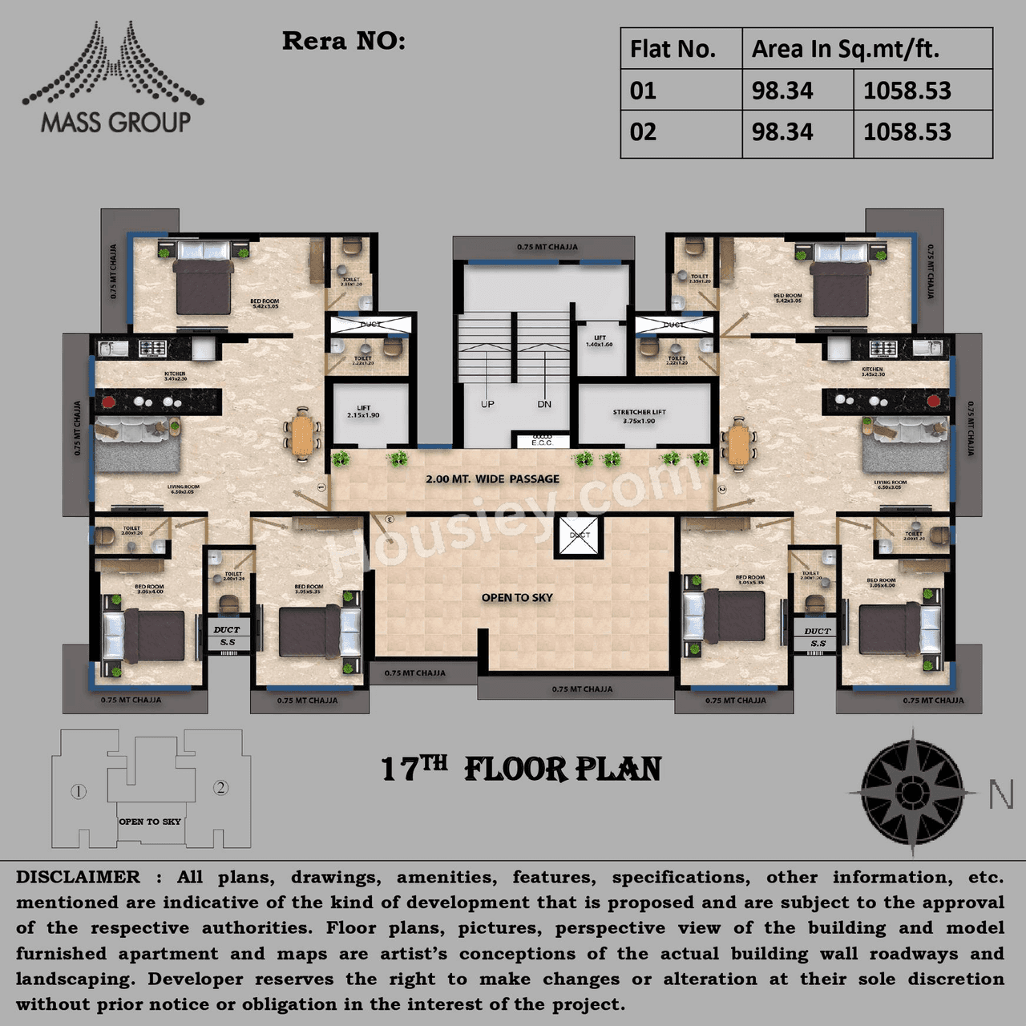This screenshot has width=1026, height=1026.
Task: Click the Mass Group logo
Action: coord(113,80)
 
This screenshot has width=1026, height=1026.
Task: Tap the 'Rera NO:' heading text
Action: coord(343,41)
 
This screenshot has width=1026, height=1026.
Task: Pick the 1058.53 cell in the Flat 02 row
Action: coord(907,132)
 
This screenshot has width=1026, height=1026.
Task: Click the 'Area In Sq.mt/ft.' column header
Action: coord(845,49)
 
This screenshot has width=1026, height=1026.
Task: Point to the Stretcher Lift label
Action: coord(639,416)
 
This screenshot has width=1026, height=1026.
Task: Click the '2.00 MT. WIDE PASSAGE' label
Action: coord(492,479)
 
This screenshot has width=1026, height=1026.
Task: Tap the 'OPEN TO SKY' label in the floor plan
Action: coord(517,598)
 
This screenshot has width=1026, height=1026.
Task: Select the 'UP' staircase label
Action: coord(487,404)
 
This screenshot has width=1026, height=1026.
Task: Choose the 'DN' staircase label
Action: coord(544,404)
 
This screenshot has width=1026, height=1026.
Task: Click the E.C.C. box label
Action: coord(541,442)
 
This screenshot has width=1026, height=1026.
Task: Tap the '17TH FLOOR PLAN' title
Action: coord(521,769)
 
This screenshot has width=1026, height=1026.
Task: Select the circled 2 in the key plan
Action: coord(220,787)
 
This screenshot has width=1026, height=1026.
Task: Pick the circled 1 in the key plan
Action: coord(79,792)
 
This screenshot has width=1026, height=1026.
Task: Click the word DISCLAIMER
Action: coord(78,877)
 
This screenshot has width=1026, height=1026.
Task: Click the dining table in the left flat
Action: coord(302,435)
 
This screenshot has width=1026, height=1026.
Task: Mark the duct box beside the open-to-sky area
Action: coord(578,536)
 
